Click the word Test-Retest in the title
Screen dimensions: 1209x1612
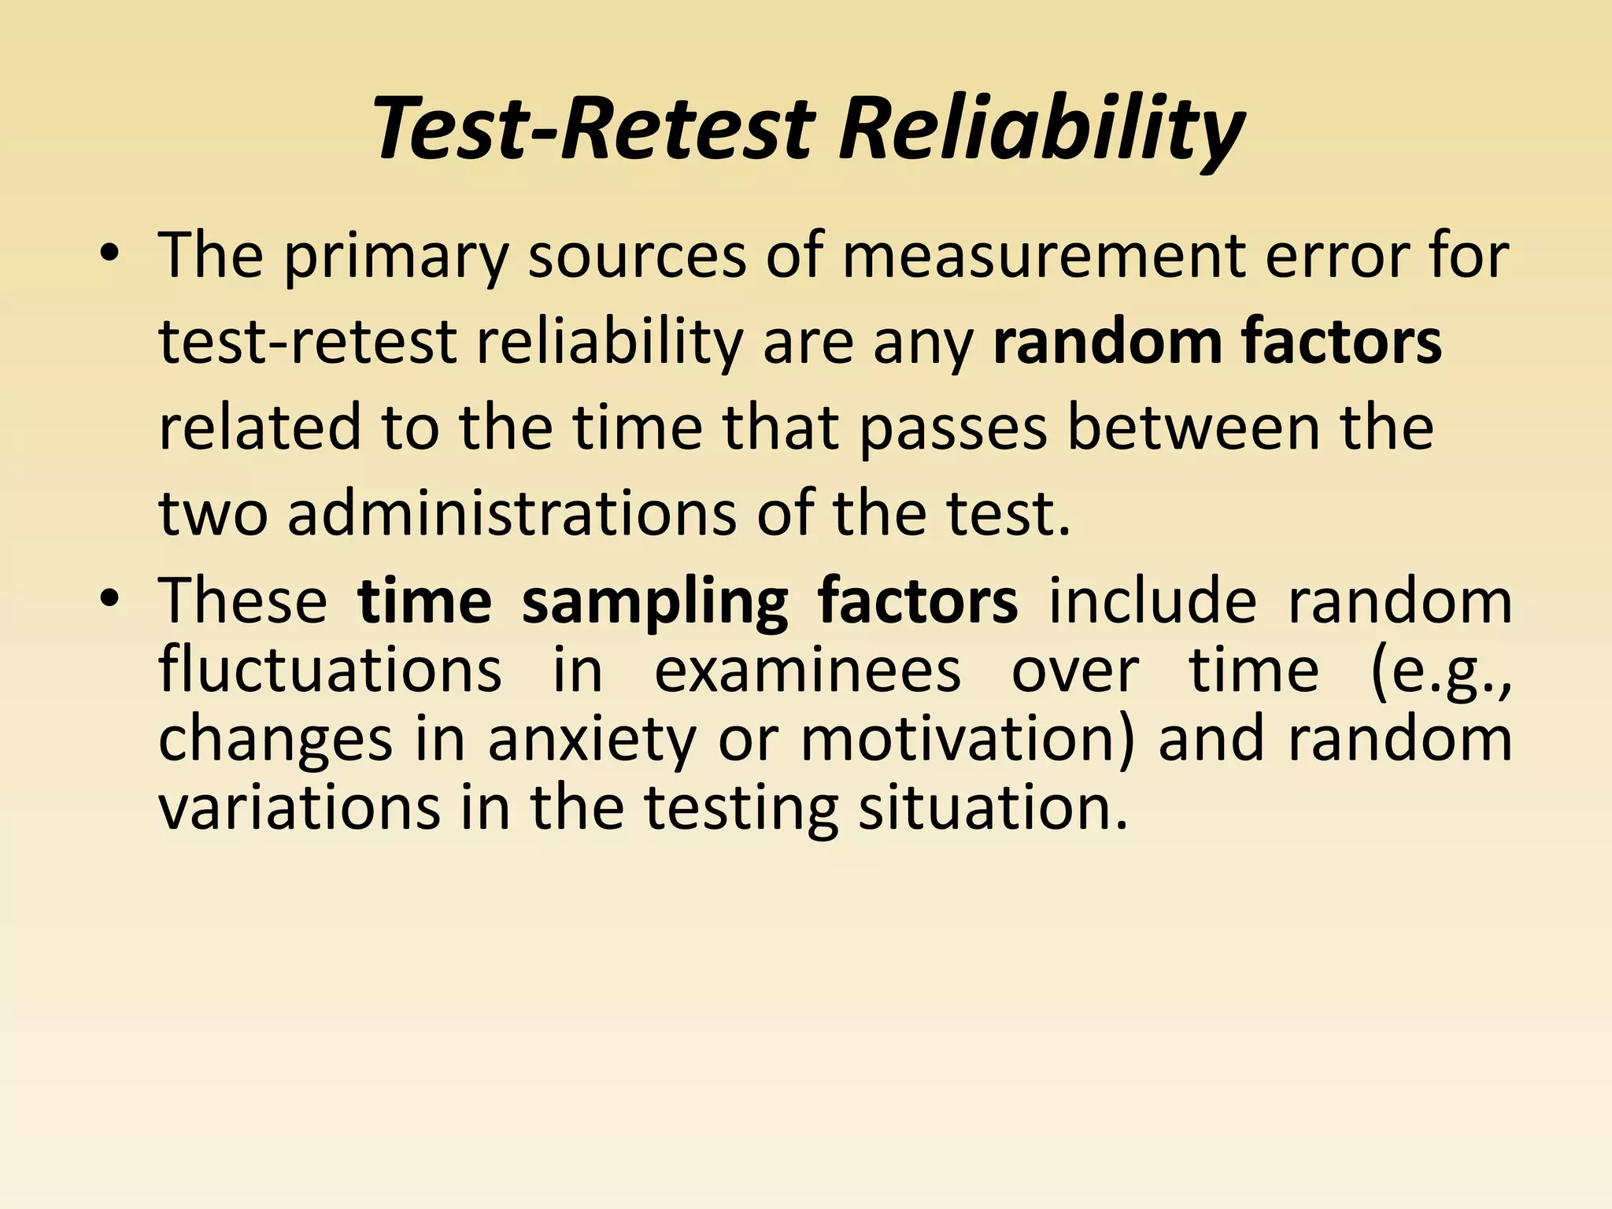(x=595, y=128)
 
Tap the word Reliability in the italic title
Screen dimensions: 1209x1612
(x=1040, y=128)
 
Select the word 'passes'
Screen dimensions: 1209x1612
(x=953, y=429)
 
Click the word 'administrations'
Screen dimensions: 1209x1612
(x=512, y=513)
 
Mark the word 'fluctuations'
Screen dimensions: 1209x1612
(x=330, y=670)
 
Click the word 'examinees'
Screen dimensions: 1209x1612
(x=808, y=670)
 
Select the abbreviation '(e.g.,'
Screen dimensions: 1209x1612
(x=1440, y=671)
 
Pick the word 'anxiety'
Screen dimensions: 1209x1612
(x=592, y=741)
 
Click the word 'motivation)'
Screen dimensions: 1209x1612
(x=967, y=739)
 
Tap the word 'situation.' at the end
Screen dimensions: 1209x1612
(x=993, y=808)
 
